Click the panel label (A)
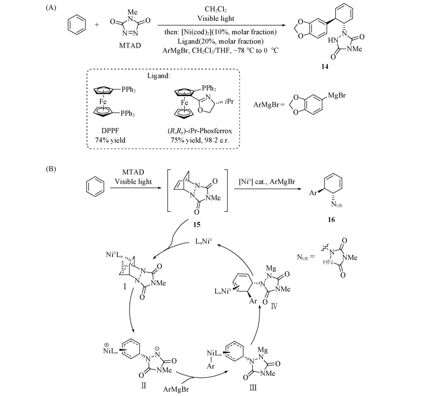point(51,8)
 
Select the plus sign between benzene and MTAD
point(97,25)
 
